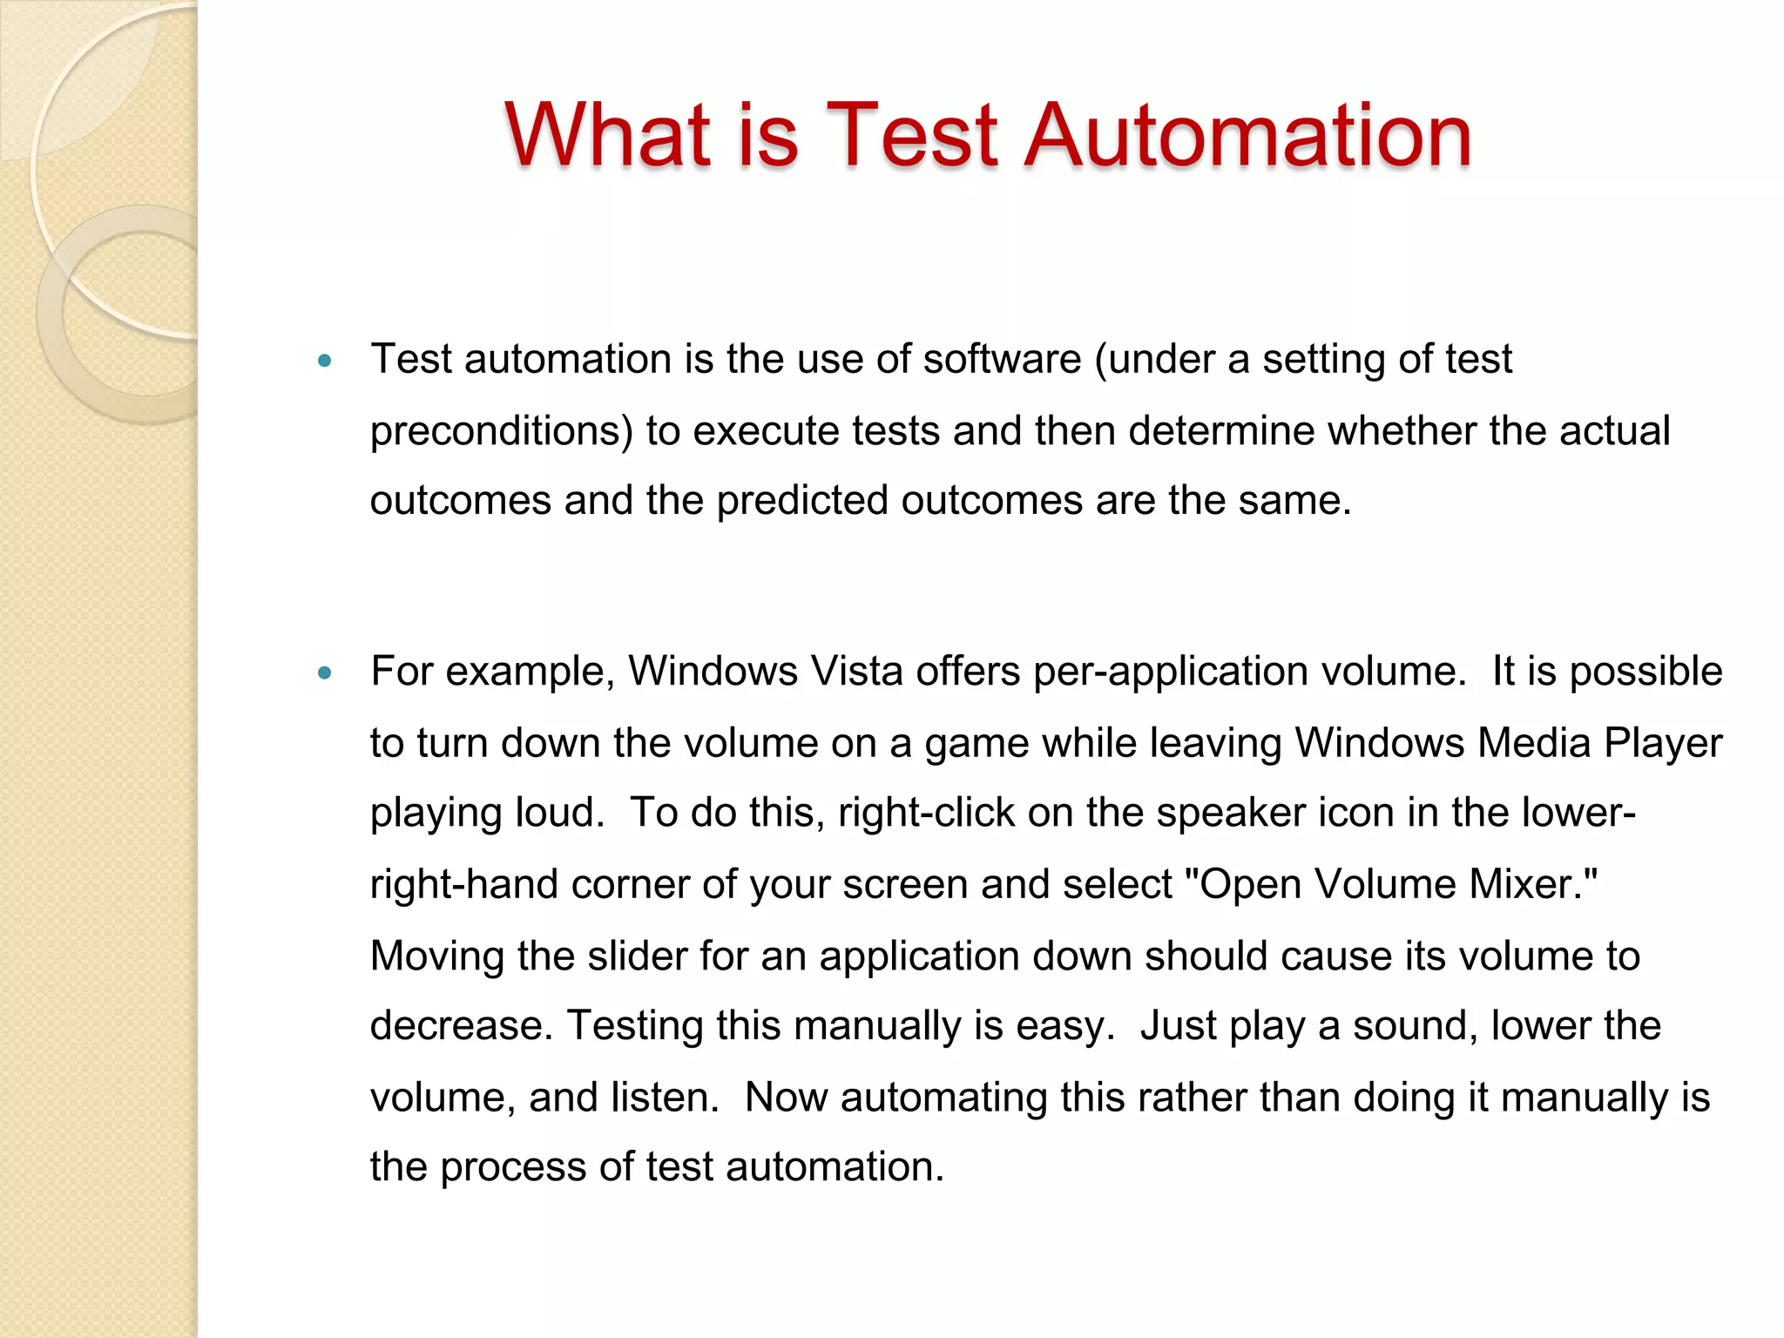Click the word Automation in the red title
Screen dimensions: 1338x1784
tap(1247, 135)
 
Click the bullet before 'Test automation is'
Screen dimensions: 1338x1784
tap(325, 361)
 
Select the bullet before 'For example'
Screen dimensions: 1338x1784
tap(325, 672)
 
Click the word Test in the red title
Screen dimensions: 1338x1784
tap(911, 135)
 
